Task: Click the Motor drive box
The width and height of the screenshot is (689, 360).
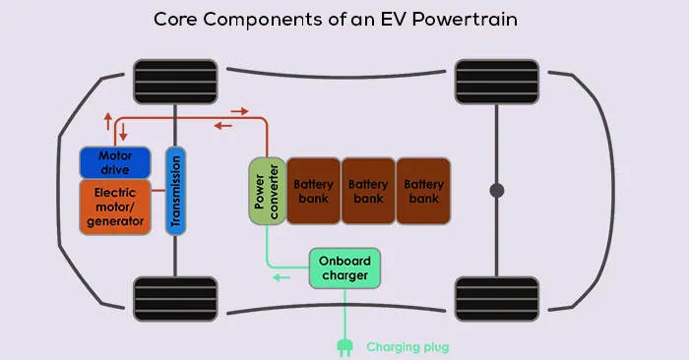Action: [x=114, y=162]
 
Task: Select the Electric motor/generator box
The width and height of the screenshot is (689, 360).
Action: [x=114, y=207]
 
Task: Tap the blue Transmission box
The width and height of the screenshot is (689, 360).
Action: [x=175, y=190]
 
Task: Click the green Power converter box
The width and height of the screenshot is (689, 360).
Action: [x=265, y=189]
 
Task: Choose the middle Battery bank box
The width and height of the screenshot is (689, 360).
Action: [x=368, y=191]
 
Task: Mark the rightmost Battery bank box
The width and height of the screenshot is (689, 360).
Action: [x=423, y=191]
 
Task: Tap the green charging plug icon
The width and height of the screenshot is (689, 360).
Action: [x=345, y=346]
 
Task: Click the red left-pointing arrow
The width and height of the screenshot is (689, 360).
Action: [x=224, y=126]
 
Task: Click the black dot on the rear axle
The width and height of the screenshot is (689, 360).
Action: [x=497, y=190]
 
